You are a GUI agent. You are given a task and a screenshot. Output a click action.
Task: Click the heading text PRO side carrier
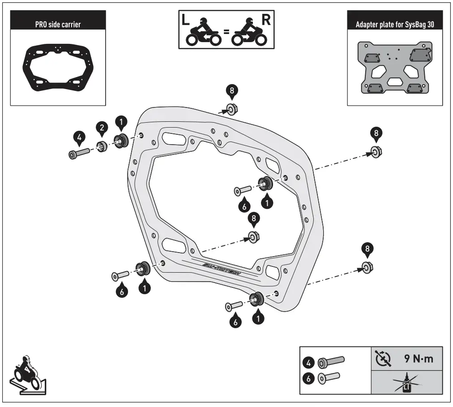pos(58,24)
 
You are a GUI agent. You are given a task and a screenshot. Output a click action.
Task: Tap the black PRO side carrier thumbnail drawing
pos(58,66)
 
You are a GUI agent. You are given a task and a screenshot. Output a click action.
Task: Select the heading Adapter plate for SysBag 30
pos(394,24)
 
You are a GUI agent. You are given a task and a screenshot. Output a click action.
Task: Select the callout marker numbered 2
pos(103,128)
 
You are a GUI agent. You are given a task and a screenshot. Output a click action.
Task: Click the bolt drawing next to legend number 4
pos(331,361)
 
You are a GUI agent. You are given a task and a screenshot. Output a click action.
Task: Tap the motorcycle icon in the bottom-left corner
pos(28,374)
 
